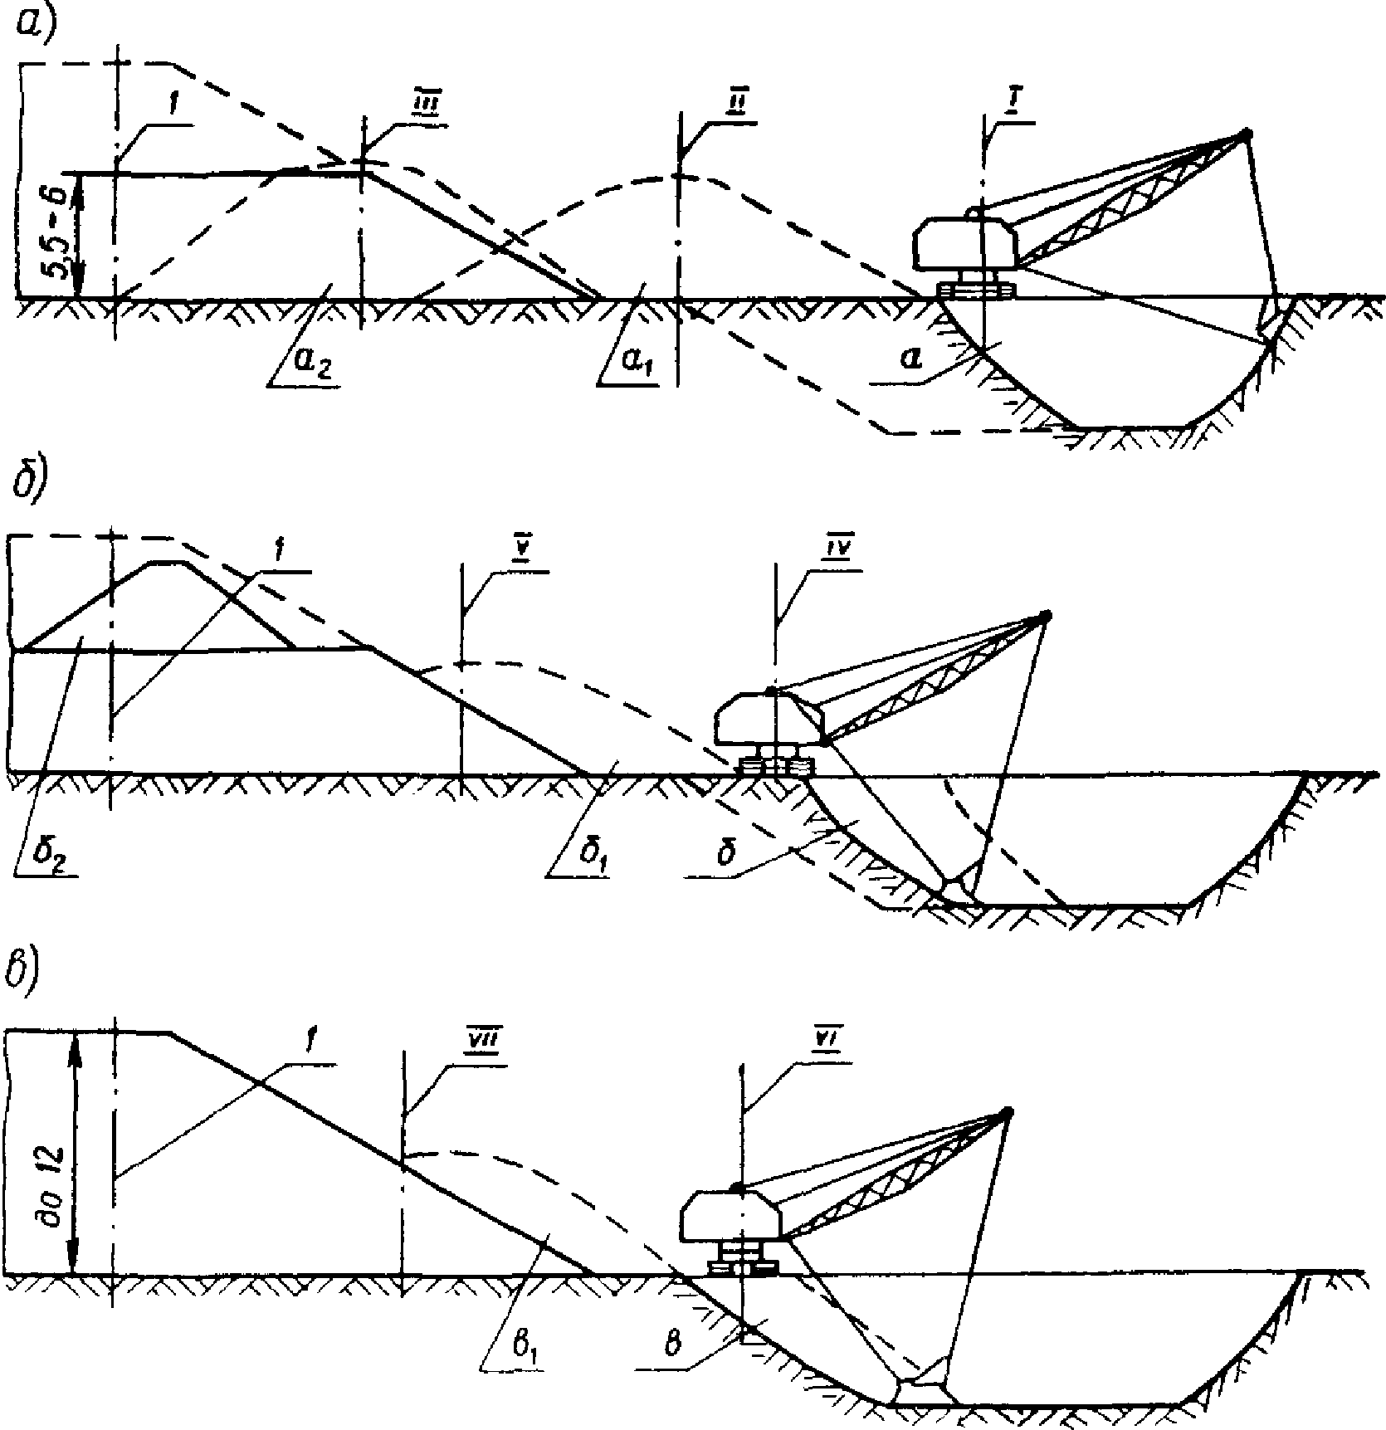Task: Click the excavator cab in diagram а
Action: click(x=964, y=244)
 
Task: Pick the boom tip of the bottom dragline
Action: click(x=1006, y=1111)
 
